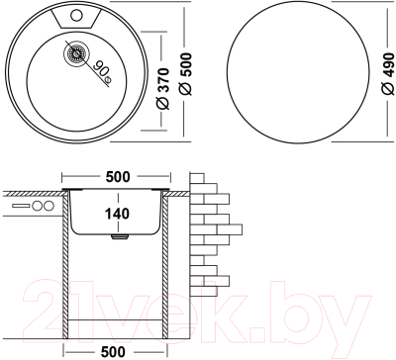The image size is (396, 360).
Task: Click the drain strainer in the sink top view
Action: [73, 54]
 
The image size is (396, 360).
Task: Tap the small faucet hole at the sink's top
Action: [77, 17]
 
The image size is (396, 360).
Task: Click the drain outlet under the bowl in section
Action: [119, 237]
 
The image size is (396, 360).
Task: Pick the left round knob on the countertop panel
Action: [37, 207]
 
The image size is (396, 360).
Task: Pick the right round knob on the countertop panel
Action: [48, 207]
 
